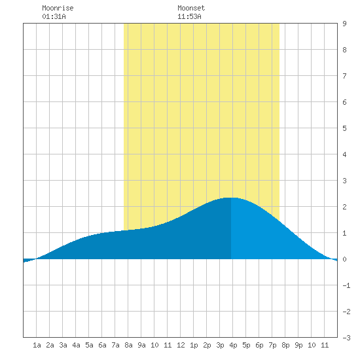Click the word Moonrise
point(58,8)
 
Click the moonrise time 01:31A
point(54,16)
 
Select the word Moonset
point(191,8)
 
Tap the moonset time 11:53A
point(189,16)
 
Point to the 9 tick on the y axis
point(344,24)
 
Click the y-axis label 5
point(344,128)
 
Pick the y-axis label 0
point(344,259)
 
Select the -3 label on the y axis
point(346,338)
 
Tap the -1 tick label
point(346,285)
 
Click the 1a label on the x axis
point(37,345)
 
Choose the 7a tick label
point(115,345)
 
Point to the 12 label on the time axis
point(181,345)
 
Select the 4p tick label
point(233,345)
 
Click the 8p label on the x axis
point(285,345)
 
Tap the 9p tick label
point(298,345)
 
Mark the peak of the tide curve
point(232,198)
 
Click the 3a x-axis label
point(63,345)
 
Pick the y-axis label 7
point(344,76)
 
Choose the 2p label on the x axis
point(207,345)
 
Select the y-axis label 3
point(344,181)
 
